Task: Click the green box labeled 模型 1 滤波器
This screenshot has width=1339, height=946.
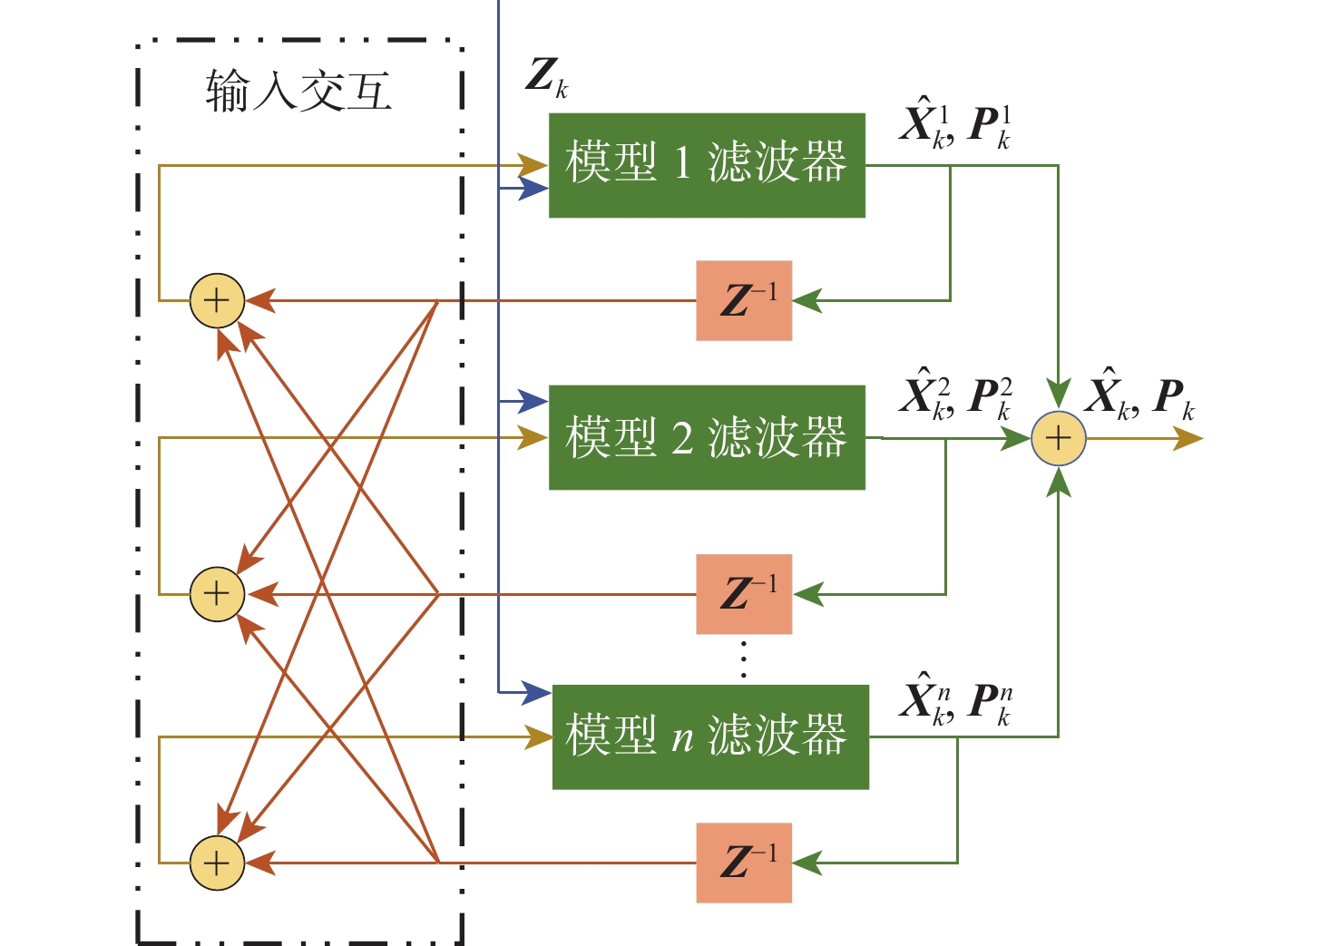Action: coord(707,165)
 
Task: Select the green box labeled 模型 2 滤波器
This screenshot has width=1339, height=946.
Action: coord(707,437)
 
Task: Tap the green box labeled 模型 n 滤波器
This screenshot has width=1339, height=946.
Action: coord(710,736)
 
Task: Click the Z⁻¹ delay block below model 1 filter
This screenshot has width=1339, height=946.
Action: coord(744,300)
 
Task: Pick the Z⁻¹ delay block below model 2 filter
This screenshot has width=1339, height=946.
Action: coord(744,594)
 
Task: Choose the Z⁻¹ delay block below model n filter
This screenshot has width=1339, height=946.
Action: coord(744,863)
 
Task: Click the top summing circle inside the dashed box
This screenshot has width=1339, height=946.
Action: coord(217,300)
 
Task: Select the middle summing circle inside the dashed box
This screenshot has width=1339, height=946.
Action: coord(217,594)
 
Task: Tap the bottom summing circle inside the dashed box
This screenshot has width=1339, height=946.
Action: coord(217,863)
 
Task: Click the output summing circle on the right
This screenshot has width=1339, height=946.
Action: coord(1059,439)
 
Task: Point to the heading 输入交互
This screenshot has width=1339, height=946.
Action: coord(298,93)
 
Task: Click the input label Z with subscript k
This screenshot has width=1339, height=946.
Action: coord(546,77)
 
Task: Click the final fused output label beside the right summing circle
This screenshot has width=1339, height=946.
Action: coord(1141,397)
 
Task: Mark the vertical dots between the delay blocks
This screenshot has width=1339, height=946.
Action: coord(744,659)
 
